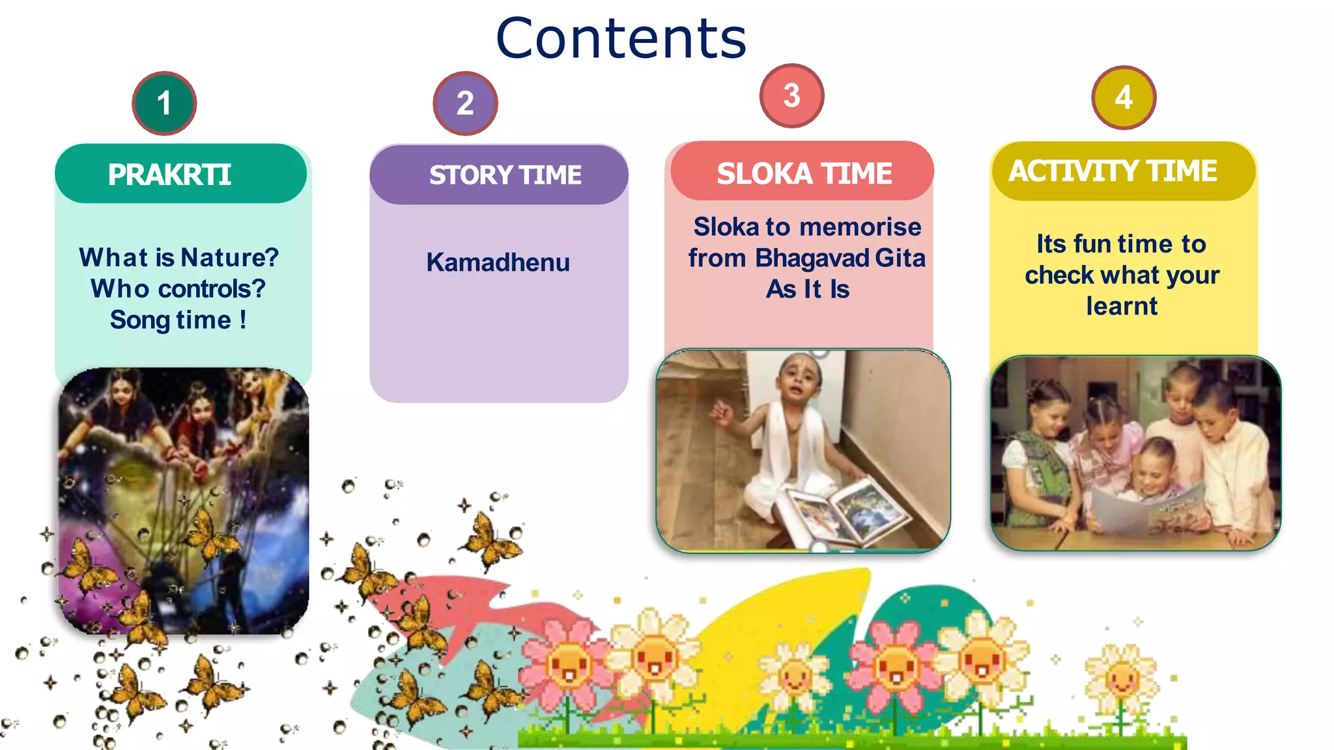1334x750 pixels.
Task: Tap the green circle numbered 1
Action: pos(164,103)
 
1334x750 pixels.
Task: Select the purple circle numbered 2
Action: pos(465,103)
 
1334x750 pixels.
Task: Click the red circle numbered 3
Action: pos(791,96)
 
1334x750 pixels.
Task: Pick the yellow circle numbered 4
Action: pos(1124,98)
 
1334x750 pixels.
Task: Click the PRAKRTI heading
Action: pos(170,174)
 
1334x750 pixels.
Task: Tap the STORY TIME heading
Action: pos(505,174)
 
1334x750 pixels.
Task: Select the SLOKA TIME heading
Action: pos(804,173)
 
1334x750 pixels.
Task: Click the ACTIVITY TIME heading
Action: pos(1113,171)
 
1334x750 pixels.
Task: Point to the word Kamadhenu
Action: pos(498,262)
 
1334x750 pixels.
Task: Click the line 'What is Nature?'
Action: pos(178,257)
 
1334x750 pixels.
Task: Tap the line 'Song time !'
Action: pos(178,320)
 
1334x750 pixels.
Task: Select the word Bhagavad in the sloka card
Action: pos(812,258)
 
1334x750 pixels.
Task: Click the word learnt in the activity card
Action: pos(1122,306)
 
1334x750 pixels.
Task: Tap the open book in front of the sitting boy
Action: pos(847,511)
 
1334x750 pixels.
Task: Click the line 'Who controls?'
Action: pos(178,288)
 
